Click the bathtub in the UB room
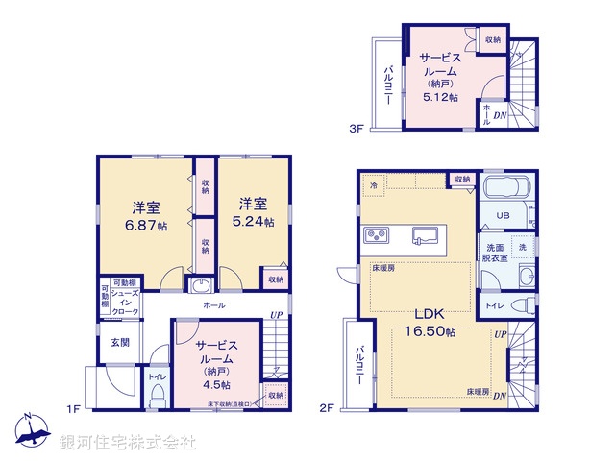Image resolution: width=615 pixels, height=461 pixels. click(x=504, y=189)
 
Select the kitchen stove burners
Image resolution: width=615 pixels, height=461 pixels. click(x=376, y=235)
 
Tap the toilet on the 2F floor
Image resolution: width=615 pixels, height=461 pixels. click(x=523, y=305)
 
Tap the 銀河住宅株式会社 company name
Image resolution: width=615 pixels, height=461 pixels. click(x=128, y=443)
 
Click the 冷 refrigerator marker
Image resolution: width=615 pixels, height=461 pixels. click(x=372, y=183)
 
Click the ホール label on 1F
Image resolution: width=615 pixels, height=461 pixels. click(x=214, y=305)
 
